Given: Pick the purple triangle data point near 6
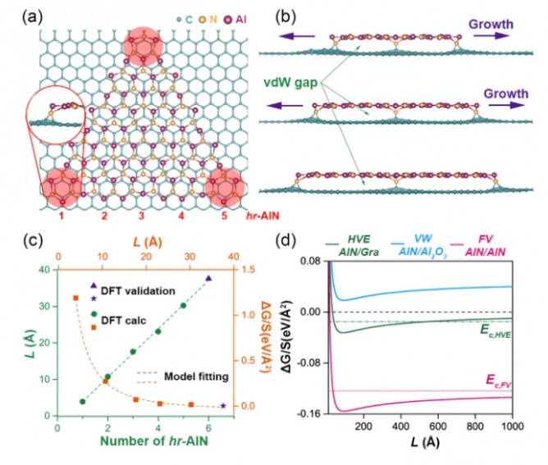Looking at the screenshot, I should (x=208, y=278).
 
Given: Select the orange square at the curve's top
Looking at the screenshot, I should (x=76, y=298).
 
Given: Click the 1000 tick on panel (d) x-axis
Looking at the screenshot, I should (x=509, y=426).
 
